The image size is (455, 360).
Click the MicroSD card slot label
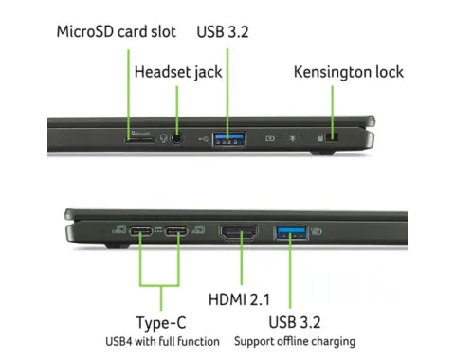point(116,32)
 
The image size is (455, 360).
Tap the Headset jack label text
point(178,72)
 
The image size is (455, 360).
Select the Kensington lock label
point(349,72)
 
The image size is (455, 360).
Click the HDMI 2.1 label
point(239,299)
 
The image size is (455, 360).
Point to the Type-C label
point(161,323)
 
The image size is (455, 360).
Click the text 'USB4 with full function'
point(162,341)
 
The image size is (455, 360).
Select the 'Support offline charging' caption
point(295,341)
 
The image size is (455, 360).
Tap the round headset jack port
point(176,138)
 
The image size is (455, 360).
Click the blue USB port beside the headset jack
point(229,139)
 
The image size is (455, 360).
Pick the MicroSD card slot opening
point(140,139)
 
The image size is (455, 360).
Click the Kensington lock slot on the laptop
point(332,137)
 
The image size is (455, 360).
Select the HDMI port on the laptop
point(239,233)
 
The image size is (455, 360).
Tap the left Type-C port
point(141,231)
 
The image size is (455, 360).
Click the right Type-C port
point(176,231)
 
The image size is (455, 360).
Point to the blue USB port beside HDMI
point(291,233)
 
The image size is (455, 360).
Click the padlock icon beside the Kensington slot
point(319,137)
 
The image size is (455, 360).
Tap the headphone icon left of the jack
point(163,138)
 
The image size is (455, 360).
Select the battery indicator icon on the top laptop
point(270,138)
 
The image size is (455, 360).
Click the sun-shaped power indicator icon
point(292,138)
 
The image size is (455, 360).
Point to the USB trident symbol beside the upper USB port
point(204,138)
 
